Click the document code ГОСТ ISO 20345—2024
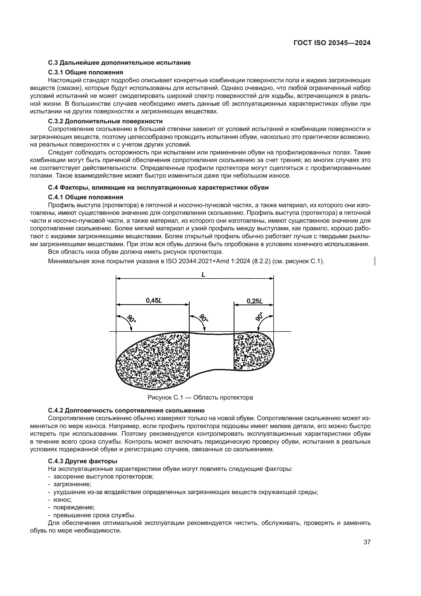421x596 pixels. [332, 43]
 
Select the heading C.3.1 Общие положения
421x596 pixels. [86, 72]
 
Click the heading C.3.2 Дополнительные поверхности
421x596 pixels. [105, 121]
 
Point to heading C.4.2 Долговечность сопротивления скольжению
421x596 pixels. [126, 410]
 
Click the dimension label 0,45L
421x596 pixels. [154, 301]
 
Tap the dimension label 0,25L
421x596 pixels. [255, 301]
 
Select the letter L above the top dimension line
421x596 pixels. [203, 274]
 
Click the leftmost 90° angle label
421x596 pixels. [132, 318]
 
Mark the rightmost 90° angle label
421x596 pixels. [259, 317]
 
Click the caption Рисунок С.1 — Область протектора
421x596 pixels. [200, 398]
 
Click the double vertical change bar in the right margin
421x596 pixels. [375, 261]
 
